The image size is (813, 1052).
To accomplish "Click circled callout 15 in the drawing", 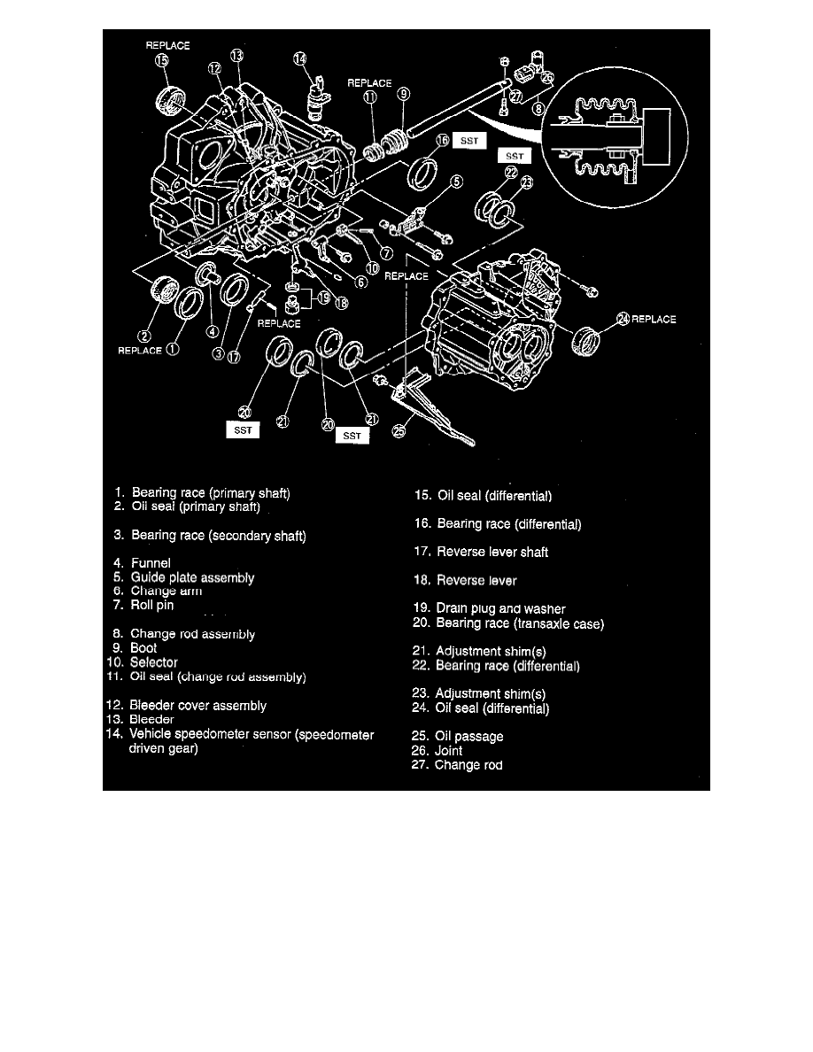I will pos(161,61).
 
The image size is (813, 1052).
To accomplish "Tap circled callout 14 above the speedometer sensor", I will pos(301,59).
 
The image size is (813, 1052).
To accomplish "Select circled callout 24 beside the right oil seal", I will pos(623,319).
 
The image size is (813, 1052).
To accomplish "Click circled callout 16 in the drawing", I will pos(441,141).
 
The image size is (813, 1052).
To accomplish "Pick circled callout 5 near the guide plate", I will pos(456,182).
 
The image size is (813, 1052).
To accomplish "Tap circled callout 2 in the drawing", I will pos(143,335).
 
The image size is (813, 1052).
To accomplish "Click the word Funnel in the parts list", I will pos(151,563).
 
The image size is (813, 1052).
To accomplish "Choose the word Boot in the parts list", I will pos(143,648).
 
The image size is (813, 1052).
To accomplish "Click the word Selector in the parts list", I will pos(153,662).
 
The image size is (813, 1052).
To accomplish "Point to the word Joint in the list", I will pos(448,751).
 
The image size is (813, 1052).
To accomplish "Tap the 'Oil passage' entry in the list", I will pos(468,736).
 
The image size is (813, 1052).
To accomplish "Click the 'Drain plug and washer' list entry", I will pos(500,609).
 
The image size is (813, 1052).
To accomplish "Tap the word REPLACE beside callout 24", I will pos(654,319).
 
